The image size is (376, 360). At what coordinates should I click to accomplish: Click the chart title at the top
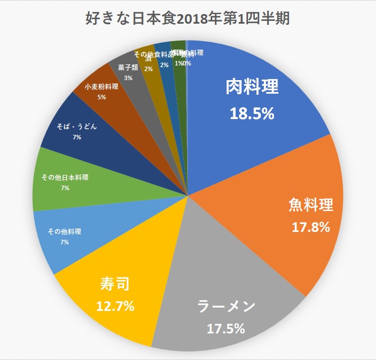pyautogui.click(x=187, y=20)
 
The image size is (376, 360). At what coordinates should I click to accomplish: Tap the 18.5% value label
pyautogui.click(x=252, y=113)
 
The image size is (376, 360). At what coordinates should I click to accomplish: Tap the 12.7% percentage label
pyautogui.click(x=116, y=307)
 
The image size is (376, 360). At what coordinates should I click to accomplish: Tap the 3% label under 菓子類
pyautogui.click(x=129, y=78)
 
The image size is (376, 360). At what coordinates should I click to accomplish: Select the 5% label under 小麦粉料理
pyautogui.click(x=101, y=97)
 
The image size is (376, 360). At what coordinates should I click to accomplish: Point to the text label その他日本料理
pyautogui.click(x=65, y=178)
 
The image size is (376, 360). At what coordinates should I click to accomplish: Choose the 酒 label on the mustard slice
pyautogui.click(x=148, y=59)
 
